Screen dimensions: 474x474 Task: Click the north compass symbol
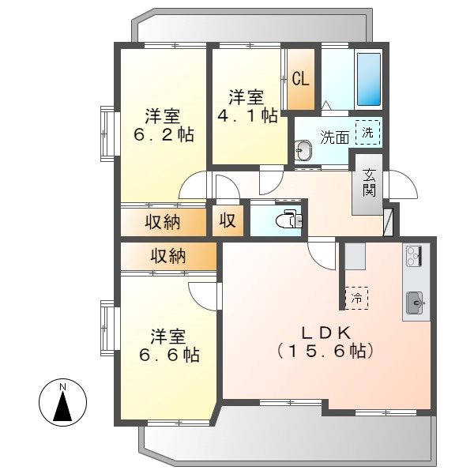point(62,401)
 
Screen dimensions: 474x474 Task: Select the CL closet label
point(300,79)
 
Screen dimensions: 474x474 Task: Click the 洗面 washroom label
point(334,137)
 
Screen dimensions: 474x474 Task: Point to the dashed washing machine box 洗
point(367,132)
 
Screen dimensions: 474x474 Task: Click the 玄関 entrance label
point(369,183)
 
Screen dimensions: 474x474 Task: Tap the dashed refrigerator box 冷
point(356,298)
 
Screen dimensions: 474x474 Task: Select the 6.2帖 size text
point(164,134)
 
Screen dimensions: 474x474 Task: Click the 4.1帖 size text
point(247,116)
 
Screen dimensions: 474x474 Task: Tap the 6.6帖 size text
point(167,355)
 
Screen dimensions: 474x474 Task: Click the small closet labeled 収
point(228,221)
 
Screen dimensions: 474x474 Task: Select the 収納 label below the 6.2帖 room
point(162,222)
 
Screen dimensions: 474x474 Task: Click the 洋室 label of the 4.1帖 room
point(246,97)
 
